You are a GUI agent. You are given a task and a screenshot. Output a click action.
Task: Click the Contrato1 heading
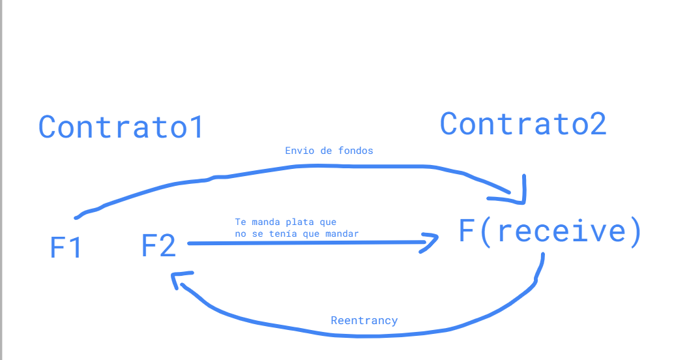(x=121, y=127)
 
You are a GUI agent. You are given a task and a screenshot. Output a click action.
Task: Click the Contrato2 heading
(x=523, y=123)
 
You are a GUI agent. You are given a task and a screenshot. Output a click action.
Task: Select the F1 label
(x=66, y=248)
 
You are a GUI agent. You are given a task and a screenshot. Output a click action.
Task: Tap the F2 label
(x=158, y=246)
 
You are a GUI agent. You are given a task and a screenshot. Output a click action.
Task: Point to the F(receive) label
(x=550, y=232)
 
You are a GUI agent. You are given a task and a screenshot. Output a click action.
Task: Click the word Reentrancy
(x=364, y=320)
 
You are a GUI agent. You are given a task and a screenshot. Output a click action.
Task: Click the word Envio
(x=298, y=151)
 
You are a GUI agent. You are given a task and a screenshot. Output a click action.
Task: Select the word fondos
(x=356, y=151)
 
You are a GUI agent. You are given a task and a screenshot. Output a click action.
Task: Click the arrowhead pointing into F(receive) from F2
(x=432, y=243)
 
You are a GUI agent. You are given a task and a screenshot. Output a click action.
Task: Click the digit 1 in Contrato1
(x=196, y=127)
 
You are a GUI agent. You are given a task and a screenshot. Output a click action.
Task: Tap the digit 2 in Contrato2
(x=596, y=123)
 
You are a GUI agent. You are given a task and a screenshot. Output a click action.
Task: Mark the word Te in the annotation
(x=240, y=222)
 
